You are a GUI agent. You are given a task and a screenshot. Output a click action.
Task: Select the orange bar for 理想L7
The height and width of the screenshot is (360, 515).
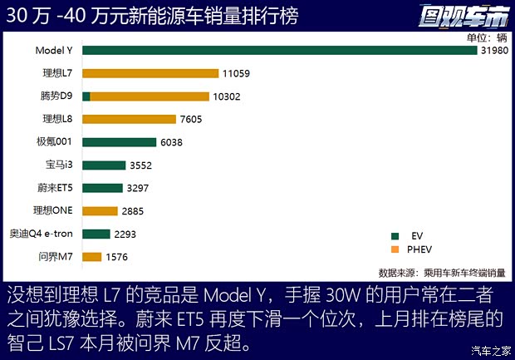(x=150, y=74)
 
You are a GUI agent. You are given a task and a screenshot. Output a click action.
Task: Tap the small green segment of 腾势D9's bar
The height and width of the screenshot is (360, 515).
(x=86, y=96)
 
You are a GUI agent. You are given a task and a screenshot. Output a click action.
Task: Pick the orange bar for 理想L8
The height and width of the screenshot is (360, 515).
(x=129, y=119)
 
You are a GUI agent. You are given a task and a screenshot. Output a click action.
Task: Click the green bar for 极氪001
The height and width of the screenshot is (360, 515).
(x=119, y=142)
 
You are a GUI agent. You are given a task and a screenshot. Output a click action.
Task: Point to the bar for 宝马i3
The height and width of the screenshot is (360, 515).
(x=104, y=165)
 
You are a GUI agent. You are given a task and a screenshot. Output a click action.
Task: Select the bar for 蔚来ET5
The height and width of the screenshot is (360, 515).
(x=102, y=188)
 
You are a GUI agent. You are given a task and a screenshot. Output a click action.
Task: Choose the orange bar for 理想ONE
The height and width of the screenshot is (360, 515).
(x=100, y=210)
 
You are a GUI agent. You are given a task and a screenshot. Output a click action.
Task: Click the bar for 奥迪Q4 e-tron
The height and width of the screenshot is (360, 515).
(x=96, y=234)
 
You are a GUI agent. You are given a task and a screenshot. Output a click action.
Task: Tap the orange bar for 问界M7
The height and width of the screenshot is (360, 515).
(x=92, y=257)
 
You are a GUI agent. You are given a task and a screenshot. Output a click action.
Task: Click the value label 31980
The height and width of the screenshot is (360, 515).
(x=493, y=51)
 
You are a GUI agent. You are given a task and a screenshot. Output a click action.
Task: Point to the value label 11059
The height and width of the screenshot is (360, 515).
(x=237, y=74)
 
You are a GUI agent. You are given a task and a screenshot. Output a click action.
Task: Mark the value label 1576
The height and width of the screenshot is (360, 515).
(x=118, y=257)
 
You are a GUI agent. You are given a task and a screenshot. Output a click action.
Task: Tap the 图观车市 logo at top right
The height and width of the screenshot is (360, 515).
(x=471, y=15)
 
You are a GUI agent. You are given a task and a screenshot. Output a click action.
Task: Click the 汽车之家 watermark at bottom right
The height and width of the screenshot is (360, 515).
(x=491, y=349)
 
